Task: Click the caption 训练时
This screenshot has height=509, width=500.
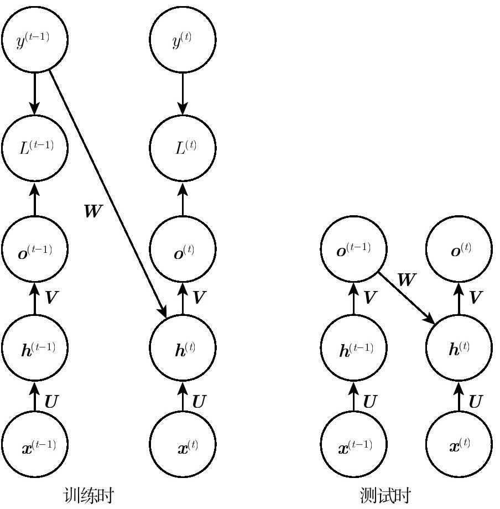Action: (x=88, y=495)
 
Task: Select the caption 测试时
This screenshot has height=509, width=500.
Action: (x=386, y=495)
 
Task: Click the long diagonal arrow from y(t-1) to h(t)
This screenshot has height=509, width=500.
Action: (x=108, y=194)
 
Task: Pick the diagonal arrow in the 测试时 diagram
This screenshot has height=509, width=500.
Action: (x=407, y=298)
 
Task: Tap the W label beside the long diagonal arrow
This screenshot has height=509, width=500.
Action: (x=93, y=211)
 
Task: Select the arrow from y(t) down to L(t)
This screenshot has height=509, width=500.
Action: (x=183, y=94)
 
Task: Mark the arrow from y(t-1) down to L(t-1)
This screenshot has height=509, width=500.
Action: (x=35, y=94)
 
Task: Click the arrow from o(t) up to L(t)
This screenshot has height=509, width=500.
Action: (x=183, y=199)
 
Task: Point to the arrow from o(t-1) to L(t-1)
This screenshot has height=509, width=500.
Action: (x=35, y=199)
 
